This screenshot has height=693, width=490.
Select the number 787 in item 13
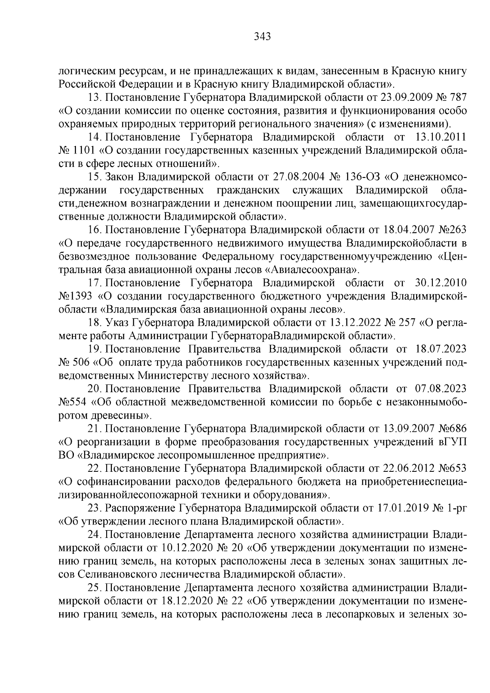tap(458, 98)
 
